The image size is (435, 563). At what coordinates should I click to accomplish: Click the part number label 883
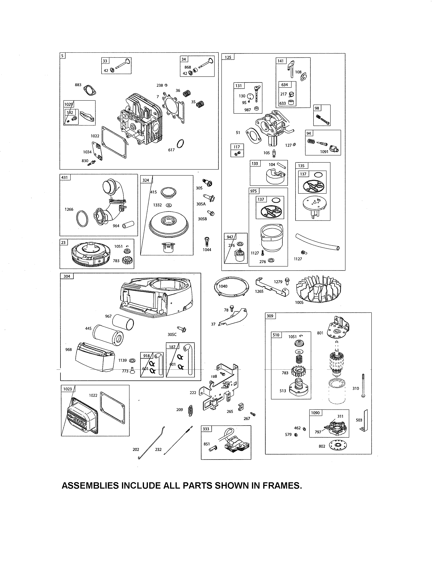(78, 85)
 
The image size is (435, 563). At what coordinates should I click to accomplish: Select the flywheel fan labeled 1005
(319, 288)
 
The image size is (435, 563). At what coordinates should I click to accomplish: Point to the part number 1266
(69, 209)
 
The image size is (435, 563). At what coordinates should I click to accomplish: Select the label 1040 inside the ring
(223, 286)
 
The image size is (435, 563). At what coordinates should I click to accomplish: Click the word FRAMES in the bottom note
(282, 486)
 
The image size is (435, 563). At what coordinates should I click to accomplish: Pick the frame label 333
(206, 429)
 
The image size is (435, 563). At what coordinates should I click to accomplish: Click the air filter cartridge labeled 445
(108, 335)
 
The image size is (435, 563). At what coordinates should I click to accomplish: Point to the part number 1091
(324, 151)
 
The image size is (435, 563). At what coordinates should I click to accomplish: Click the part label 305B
(202, 219)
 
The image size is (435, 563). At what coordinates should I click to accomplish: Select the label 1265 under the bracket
(259, 292)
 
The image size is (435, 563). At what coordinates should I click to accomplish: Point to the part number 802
(322, 446)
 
